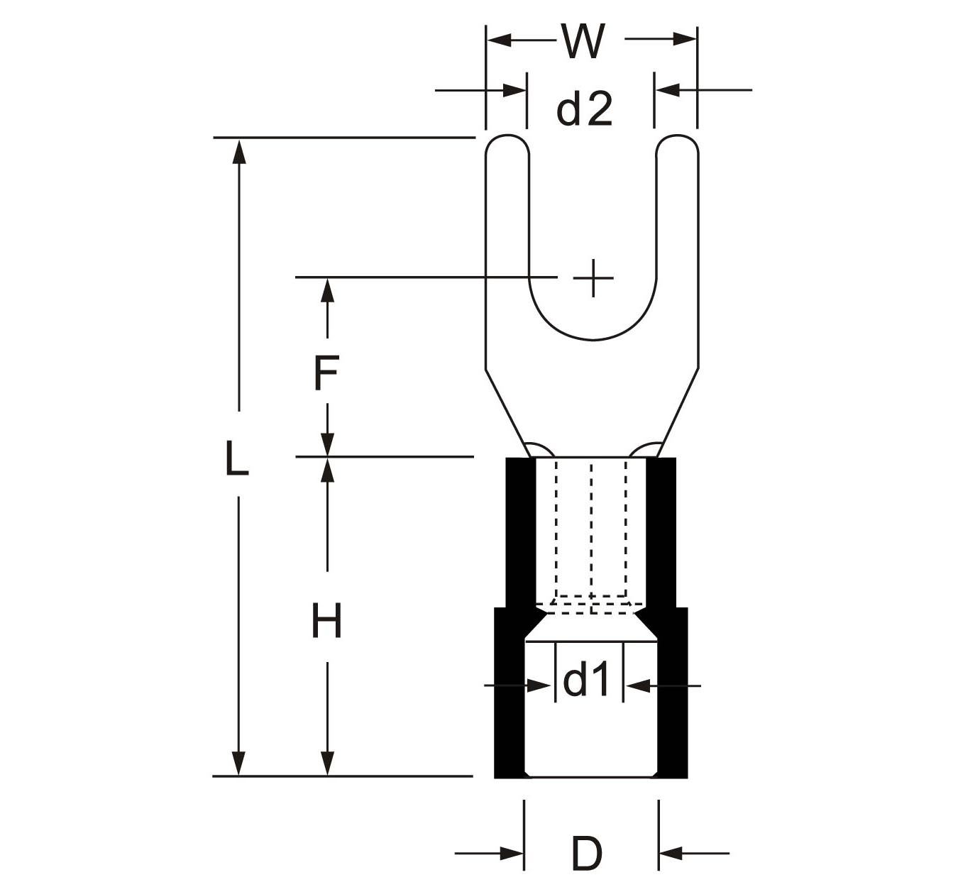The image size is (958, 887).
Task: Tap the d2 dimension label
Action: pyautogui.click(x=583, y=110)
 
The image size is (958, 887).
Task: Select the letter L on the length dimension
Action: pyautogui.click(x=236, y=458)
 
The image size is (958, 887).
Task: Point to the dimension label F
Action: pyautogui.click(x=326, y=374)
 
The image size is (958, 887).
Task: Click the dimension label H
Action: pyautogui.click(x=326, y=620)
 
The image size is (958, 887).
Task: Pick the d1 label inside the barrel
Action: pyautogui.click(x=586, y=682)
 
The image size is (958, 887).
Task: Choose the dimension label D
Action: pyautogui.click(x=586, y=854)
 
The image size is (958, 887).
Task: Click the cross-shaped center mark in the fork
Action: pyautogui.click(x=593, y=277)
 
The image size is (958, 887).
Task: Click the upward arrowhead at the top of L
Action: pyautogui.click(x=239, y=149)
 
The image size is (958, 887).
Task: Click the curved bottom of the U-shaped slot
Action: pyautogui.click(x=593, y=336)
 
